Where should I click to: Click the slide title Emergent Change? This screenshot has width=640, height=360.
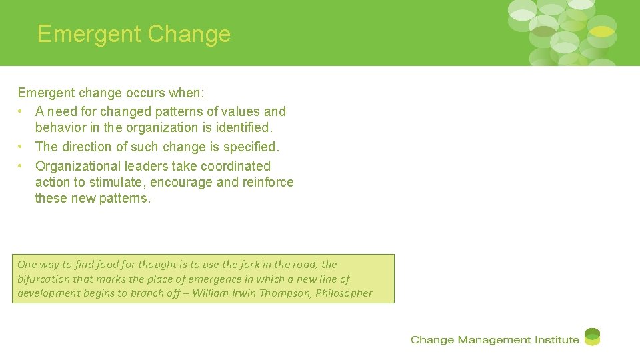coord(134,34)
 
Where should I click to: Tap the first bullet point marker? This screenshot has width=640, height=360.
coord(22,111)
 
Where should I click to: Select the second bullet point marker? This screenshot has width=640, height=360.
coord(22,147)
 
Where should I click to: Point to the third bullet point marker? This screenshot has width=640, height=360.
coord(22,166)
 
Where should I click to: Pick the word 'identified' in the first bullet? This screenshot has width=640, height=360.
coord(242,127)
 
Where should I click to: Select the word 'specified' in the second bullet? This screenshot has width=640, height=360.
coord(251,147)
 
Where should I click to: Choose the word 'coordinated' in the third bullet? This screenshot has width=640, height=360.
coord(233,166)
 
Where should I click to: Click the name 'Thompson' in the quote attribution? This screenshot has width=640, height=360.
coord(283,293)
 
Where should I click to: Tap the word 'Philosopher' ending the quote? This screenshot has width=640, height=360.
coord(344,293)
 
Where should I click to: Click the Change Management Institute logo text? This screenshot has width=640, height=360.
coord(495,340)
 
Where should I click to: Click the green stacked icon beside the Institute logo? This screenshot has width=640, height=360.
coord(592,337)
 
